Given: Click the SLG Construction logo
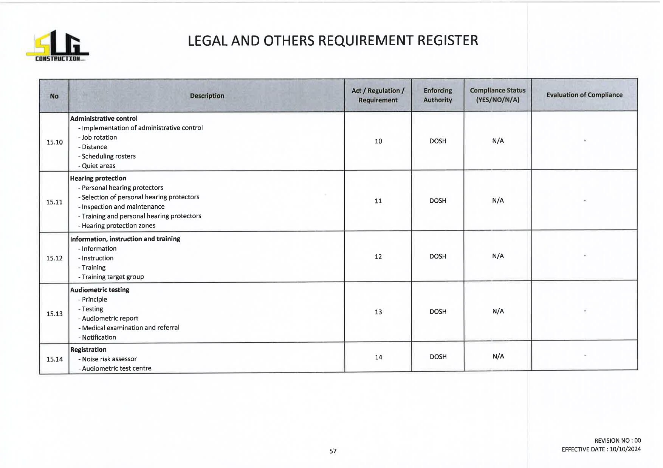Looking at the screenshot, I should (x=57, y=46).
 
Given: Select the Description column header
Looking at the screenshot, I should (x=207, y=96).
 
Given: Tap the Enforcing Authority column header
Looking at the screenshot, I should (x=438, y=95).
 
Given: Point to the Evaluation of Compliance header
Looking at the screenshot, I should (x=584, y=95).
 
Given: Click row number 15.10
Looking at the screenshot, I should (x=54, y=142).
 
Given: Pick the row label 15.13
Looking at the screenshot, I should (x=54, y=314).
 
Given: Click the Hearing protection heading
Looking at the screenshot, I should (x=98, y=178).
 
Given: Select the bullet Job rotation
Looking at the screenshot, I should (x=99, y=137).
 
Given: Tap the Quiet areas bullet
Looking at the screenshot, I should (x=98, y=166).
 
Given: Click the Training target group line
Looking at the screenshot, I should (x=113, y=277).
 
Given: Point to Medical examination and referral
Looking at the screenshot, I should (x=130, y=328).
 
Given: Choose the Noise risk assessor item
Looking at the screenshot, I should (x=109, y=359).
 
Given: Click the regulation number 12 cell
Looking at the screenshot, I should (x=378, y=257).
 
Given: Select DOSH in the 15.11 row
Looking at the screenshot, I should (x=438, y=201).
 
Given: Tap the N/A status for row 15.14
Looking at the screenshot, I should (x=498, y=356).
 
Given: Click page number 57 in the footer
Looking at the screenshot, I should (x=333, y=451).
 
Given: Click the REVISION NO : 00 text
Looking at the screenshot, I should (x=618, y=440).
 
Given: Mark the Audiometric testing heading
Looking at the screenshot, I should (x=100, y=290).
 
